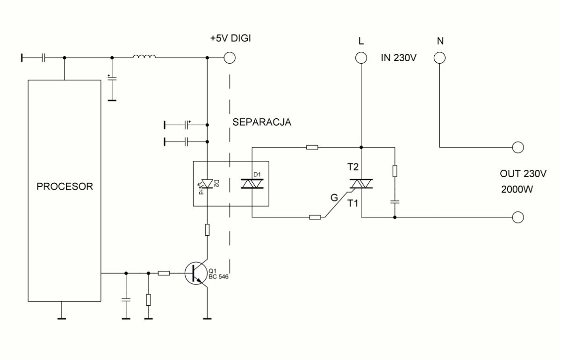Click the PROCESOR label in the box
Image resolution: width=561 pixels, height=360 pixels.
pos(65,187)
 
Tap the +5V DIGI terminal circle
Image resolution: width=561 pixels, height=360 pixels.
pos(230,58)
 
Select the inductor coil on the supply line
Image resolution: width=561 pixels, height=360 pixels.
pos(144,57)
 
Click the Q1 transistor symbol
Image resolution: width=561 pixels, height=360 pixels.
pos(196,273)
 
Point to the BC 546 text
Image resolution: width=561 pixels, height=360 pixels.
pos(218,277)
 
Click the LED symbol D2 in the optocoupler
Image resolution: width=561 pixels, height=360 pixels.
pos(207,184)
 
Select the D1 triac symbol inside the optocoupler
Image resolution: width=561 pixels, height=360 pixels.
pos(252,184)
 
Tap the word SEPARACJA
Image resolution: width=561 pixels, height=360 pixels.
pos(262,122)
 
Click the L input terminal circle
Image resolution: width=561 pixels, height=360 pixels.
pos(361,58)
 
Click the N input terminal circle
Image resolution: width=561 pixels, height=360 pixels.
pos(439,58)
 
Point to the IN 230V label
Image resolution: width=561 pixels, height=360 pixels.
pos(398,58)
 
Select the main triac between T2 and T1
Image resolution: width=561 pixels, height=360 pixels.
pos(361,184)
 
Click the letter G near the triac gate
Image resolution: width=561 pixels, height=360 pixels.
pos(334,198)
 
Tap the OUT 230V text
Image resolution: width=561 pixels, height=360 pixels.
pos(523,173)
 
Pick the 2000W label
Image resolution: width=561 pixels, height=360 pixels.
pos(517,189)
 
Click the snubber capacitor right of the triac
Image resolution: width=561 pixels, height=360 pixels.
pos(395,202)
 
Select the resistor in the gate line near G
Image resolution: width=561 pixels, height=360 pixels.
pos(315,217)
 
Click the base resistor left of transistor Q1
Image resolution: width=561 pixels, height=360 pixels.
pos(164,273)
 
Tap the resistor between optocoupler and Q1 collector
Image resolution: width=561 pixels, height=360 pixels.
pos(207,230)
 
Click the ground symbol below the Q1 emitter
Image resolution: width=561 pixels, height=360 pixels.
pos(207,319)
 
